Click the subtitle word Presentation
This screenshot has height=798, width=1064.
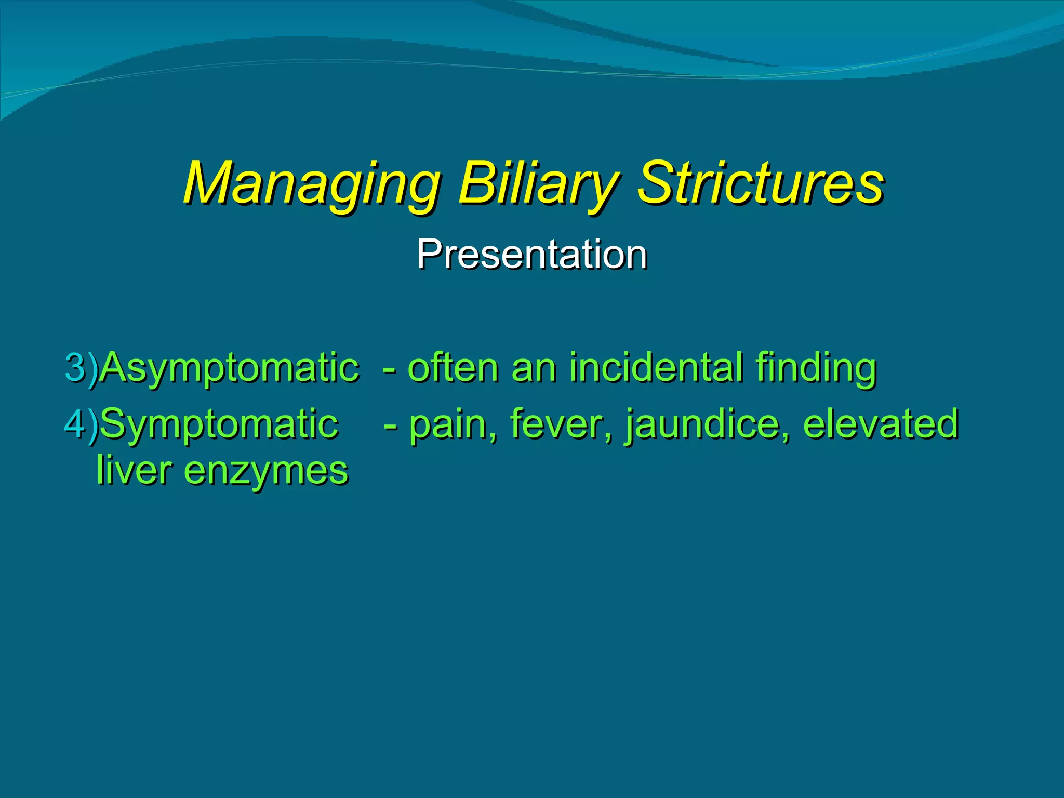coord(531,255)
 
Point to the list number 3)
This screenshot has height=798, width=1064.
coord(81,368)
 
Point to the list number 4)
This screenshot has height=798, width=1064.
coord(81,424)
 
